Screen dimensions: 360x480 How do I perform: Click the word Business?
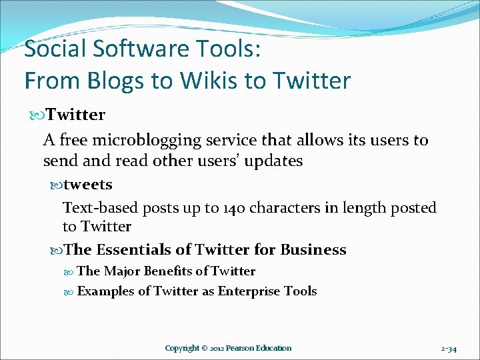(x=313, y=250)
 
